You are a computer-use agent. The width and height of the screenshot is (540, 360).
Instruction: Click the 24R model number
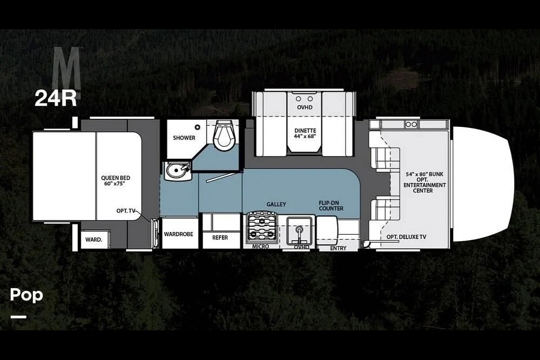pyautogui.click(x=56, y=98)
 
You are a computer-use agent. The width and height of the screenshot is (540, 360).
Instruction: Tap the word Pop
pyautogui.click(x=26, y=295)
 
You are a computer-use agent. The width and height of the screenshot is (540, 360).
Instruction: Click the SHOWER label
pyautogui.click(x=184, y=138)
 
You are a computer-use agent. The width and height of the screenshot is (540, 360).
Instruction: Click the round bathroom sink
pyautogui.click(x=177, y=171)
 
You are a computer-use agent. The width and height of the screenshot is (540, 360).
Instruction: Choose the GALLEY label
pyautogui.click(x=276, y=205)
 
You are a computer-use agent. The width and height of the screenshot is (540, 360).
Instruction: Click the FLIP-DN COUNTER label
pyautogui.click(x=331, y=206)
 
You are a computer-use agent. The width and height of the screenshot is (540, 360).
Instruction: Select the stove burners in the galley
pyautogui.click(x=262, y=228)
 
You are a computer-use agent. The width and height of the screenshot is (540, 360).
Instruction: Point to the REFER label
pyautogui.click(x=220, y=237)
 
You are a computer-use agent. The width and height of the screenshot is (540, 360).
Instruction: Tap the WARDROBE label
pyautogui.click(x=178, y=234)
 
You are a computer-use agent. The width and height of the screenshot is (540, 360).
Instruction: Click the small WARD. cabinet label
pyautogui.click(x=93, y=239)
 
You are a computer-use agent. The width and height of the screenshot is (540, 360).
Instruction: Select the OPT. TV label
pyautogui.click(x=126, y=211)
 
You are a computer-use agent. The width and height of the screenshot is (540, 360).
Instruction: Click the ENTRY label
pyautogui.click(x=338, y=248)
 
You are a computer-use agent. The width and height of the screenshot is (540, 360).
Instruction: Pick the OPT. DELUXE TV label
pyautogui.click(x=407, y=237)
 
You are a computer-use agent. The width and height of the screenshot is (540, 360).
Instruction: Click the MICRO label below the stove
pyautogui.click(x=260, y=247)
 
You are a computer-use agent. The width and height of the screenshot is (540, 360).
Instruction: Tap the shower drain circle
pyautogui.click(x=197, y=127)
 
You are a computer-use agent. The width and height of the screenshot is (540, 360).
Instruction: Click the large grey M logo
pyautogui.click(x=66, y=68)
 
